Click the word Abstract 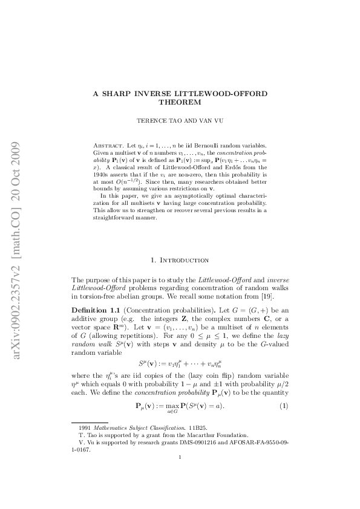(x=106, y=146)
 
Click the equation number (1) (x=283, y=404)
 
